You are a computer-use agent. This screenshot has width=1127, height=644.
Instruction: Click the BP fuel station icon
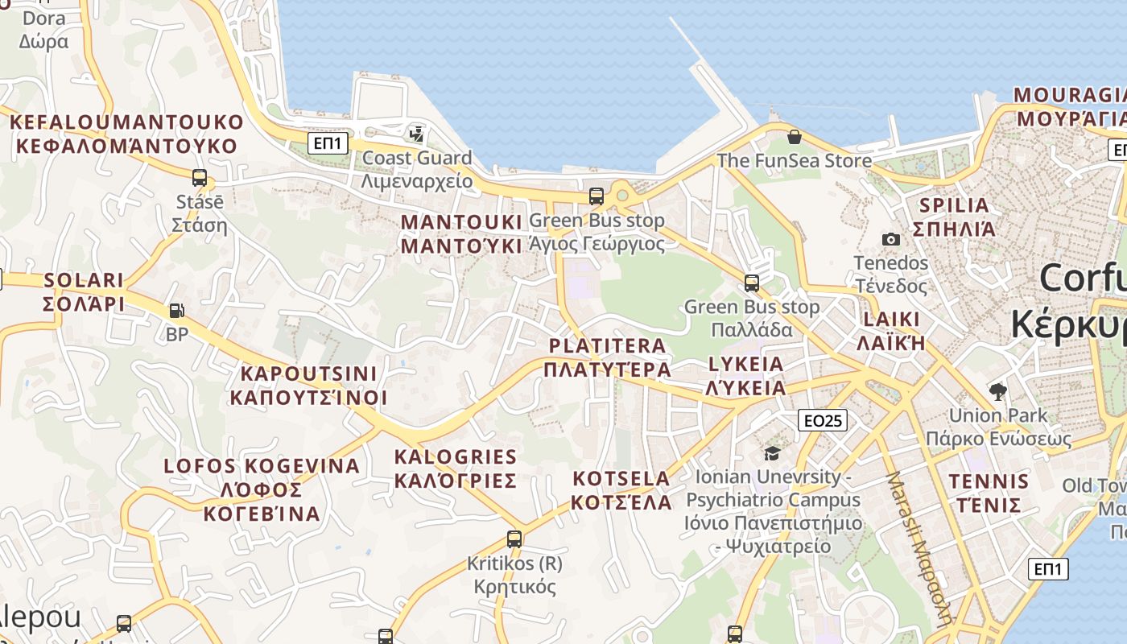point(176,310)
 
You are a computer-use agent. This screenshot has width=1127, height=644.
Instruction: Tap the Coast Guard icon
point(417,134)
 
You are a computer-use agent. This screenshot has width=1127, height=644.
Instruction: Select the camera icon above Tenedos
point(890,239)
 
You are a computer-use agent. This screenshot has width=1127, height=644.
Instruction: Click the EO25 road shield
point(823,420)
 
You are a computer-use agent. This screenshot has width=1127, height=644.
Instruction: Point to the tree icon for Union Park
point(998,392)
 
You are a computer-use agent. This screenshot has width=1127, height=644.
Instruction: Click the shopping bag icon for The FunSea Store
point(794,137)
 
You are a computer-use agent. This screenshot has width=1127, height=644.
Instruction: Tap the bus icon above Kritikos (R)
point(514,539)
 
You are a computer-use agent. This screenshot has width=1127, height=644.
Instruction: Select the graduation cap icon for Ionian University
point(772,454)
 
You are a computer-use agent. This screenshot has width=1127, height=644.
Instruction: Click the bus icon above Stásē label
point(199,178)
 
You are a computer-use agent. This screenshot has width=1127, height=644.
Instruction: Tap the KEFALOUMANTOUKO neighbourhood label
point(126,134)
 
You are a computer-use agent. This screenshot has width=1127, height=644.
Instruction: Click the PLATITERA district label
point(608,357)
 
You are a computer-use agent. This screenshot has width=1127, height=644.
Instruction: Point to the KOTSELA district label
point(621,490)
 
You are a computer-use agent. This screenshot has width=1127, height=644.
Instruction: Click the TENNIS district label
point(989,493)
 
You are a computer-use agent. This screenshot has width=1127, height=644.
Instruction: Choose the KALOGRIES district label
point(456,469)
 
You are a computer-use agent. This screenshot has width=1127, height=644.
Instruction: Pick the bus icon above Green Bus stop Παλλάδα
point(751,283)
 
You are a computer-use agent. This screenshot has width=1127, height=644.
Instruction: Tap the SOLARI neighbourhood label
point(84,291)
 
